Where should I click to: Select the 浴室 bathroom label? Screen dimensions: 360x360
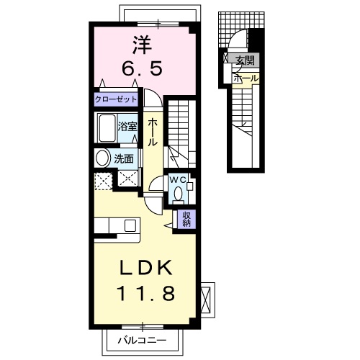point(127,125)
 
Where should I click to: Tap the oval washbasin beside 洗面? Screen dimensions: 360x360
point(102,158)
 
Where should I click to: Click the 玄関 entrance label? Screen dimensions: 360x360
point(245,61)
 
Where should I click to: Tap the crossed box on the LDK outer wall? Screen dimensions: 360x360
point(207,297)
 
